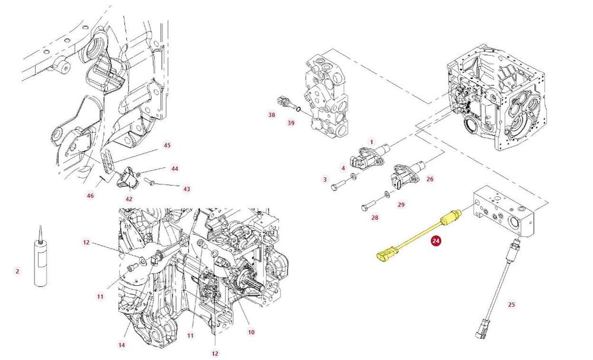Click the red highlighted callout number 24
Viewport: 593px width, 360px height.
[436, 241]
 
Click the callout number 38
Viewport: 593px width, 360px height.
[272, 114]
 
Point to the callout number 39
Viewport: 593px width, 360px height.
[291, 123]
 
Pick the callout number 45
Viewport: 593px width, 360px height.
[167, 145]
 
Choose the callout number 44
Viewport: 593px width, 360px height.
[174, 168]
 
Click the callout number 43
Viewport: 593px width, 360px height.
[187, 189]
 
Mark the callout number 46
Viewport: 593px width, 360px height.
[90, 196]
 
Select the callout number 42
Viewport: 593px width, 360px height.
[129, 199]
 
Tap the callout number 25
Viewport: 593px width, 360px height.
[511, 304]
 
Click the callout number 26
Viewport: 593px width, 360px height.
[430, 179]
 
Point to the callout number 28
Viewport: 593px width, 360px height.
[375, 218]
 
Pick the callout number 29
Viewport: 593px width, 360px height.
[401, 205]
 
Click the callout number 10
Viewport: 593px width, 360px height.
[251, 332]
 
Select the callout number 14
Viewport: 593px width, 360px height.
[122, 345]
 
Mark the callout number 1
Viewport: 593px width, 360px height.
[371, 142]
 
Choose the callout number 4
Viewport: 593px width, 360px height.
[343, 168]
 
